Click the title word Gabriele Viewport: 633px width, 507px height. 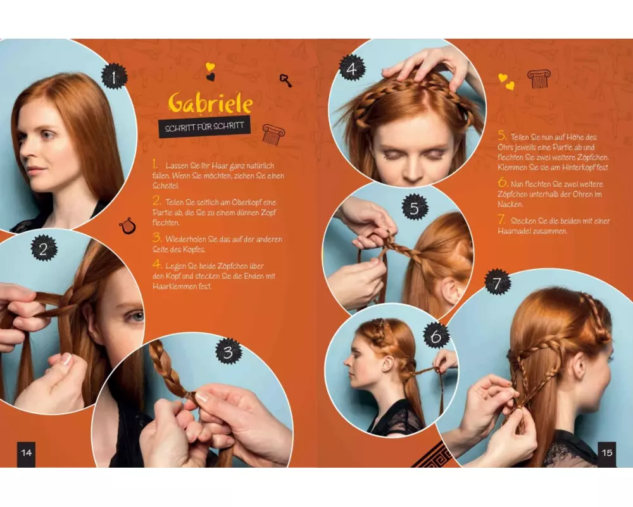[210, 103]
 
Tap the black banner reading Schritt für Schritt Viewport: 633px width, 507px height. [204, 127]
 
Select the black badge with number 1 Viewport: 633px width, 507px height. [114, 77]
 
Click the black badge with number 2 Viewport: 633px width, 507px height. [44, 248]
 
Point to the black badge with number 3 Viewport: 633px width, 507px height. [229, 351]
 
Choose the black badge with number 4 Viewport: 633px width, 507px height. [352, 68]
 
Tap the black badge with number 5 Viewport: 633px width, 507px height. [415, 207]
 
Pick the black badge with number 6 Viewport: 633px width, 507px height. [436, 336]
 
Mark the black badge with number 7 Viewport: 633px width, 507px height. [498, 282]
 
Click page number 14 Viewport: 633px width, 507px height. [26, 453]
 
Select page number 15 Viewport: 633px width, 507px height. [607, 453]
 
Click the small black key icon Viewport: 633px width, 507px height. [285, 80]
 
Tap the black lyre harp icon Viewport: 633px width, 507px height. [127, 226]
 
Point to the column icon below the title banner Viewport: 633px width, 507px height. [273, 134]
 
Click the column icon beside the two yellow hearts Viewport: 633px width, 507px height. [539, 79]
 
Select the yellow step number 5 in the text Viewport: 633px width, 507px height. [502, 136]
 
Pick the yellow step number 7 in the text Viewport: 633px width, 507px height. [502, 219]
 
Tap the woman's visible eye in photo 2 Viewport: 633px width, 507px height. [137, 316]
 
